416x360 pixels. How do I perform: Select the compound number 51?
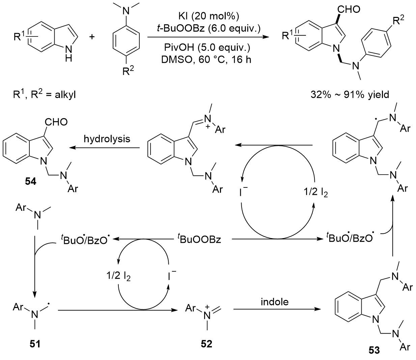pos(35,344)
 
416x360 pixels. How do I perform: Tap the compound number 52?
pos(206,344)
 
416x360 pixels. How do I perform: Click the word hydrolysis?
pos(107,138)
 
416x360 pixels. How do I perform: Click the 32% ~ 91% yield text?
pos(350,95)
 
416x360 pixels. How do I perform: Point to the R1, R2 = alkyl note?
pos(44,95)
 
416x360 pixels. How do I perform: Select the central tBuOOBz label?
pos(199,239)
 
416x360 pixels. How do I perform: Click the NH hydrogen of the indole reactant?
pos(68,58)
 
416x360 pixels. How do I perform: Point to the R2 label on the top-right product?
pos(398,21)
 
